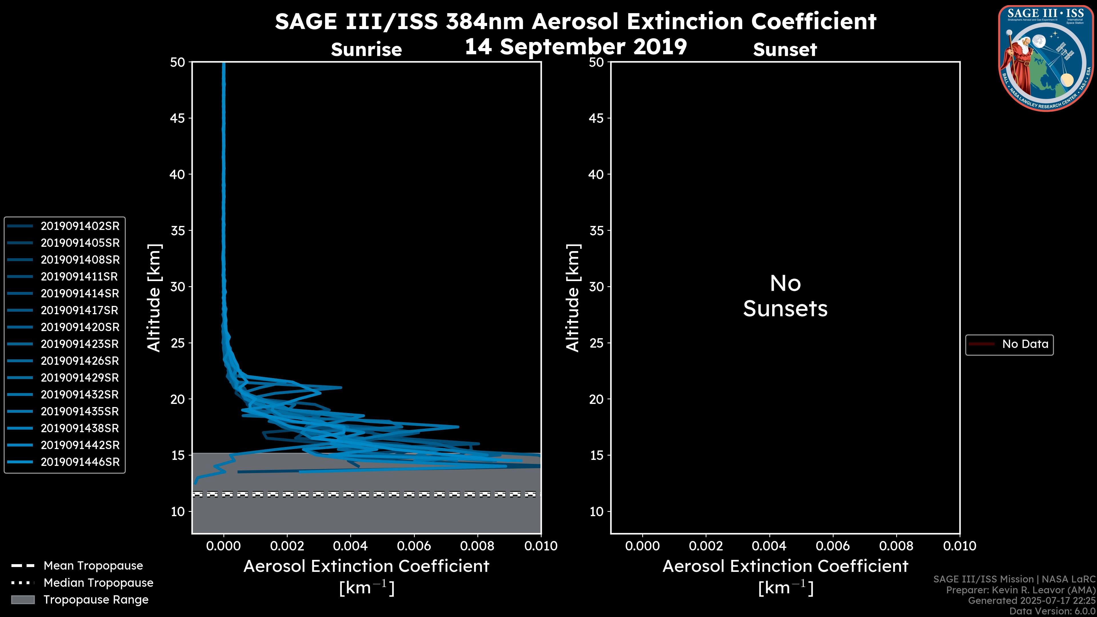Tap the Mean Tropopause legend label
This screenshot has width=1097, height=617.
(x=93, y=566)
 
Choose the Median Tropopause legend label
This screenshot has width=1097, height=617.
(x=98, y=583)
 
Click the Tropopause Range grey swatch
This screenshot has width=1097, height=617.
(x=23, y=600)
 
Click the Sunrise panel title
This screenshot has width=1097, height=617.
(x=366, y=50)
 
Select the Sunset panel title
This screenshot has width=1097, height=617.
(x=785, y=50)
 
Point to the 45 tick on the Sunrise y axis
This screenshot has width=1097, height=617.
(x=178, y=118)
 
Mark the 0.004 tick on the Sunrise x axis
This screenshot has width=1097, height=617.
(x=351, y=546)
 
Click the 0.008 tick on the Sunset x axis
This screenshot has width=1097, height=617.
(x=896, y=546)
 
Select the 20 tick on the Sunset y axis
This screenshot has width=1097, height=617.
(x=596, y=399)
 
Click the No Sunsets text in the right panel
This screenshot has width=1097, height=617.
(x=785, y=296)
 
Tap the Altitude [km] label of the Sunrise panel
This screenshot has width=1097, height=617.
(x=154, y=298)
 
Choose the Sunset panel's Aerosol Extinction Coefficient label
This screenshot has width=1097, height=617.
(x=785, y=566)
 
